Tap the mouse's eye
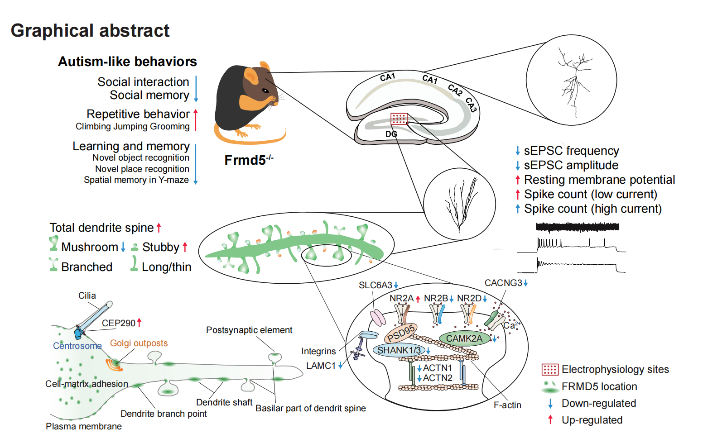(264, 91)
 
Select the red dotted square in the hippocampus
(399, 119)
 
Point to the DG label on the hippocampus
(391, 134)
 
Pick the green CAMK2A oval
(464, 338)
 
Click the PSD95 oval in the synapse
(401, 333)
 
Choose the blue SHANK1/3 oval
(399, 350)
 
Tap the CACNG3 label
(503, 283)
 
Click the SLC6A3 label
(375, 285)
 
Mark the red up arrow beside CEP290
(140, 323)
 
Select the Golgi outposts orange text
(139, 343)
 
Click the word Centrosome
(77, 346)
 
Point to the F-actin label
(507, 405)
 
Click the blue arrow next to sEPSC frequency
(518, 151)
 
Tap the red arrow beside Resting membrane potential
(518, 180)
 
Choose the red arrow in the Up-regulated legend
(550, 420)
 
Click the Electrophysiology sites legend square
(550, 370)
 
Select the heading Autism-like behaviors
(127, 62)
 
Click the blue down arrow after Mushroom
(123, 247)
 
